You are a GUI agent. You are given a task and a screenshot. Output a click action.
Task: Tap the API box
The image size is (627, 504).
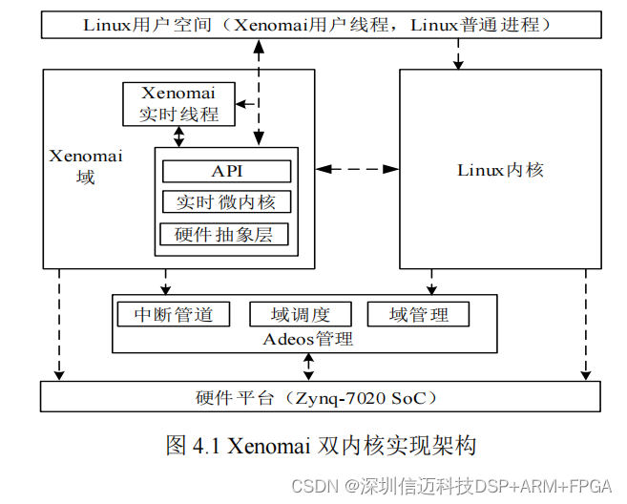[x=226, y=171]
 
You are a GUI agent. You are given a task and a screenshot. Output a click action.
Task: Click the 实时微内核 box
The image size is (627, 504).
[x=226, y=202]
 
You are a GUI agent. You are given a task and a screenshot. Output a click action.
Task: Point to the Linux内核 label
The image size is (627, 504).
[x=500, y=170]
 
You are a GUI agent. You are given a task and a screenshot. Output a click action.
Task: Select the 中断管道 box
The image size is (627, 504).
[x=173, y=314]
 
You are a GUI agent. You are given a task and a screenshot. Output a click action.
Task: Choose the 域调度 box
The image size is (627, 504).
[x=300, y=314]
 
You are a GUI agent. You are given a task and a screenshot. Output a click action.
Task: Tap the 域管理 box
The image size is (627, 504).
[x=419, y=314]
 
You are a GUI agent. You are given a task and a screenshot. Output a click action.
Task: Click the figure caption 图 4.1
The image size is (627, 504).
[x=320, y=445]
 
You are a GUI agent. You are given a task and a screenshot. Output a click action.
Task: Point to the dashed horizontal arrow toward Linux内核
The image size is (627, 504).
[x=357, y=169]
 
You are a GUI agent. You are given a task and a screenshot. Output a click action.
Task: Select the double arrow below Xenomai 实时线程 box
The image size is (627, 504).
[x=178, y=137]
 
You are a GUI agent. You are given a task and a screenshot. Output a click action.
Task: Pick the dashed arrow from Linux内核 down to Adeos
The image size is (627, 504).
[x=431, y=282]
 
